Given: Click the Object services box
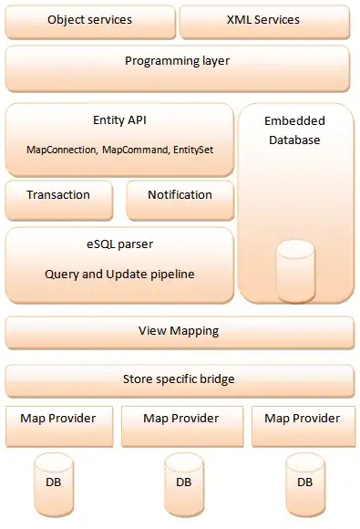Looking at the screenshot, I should (89, 20).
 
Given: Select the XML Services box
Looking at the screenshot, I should (265, 20).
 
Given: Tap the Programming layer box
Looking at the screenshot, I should (177, 62).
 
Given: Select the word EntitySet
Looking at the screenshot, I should (195, 149).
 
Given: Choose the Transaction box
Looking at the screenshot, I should (58, 195).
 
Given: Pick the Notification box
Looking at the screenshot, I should (180, 195).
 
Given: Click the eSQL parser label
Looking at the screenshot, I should (119, 244).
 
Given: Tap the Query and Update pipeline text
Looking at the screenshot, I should (119, 274).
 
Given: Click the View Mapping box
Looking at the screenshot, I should (179, 331).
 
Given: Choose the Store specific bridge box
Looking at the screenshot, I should (179, 379).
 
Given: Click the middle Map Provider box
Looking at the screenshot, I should (182, 419).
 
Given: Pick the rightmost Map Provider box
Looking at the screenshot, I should (303, 419).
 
